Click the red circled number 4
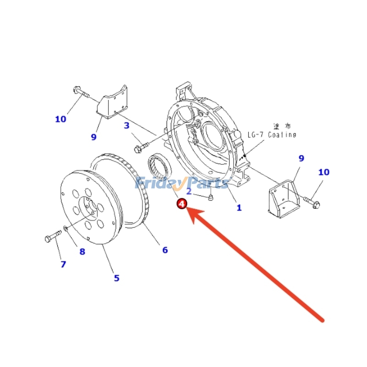tap(182, 204)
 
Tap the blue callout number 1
tap(239, 208)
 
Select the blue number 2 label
tap(189, 191)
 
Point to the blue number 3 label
tap(127, 125)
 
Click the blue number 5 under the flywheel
tap(117, 278)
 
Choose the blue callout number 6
tap(165, 250)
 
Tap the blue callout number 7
tap(63, 264)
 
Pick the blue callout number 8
tap(82, 251)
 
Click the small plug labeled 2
tap(210, 198)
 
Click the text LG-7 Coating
tap(272, 134)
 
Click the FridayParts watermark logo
tap(181, 183)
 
